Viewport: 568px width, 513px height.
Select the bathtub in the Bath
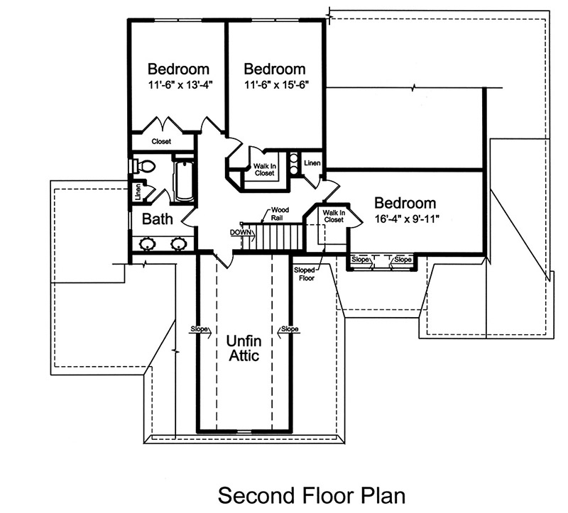(x=184, y=180)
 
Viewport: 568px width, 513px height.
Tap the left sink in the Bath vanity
(x=148, y=244)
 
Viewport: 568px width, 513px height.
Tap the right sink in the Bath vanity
(x=179, y=244)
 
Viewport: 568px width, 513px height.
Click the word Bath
(x=157, y=219)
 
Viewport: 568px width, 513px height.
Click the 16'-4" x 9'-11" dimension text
(x=405, y=219)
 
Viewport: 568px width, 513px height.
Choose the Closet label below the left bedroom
(x=161, y=142)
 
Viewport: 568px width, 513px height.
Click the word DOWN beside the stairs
(x=239, y=233)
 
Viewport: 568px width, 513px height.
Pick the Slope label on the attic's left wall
(x=200, y=329)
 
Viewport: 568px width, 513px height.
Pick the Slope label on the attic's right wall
(x=290, y=329)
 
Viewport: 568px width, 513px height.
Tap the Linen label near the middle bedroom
(x=312, y=164)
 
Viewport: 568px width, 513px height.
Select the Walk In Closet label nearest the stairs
(x=332, y=216)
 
